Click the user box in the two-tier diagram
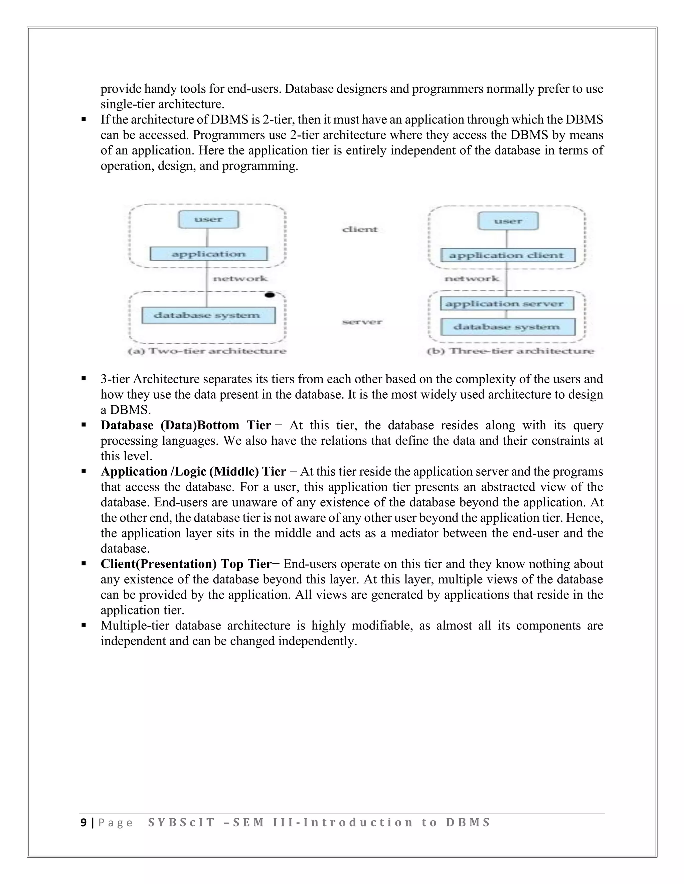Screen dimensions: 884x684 tap(209, 219)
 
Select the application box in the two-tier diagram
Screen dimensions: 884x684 tap(209, 254)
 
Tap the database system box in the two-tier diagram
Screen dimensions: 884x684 tap(208, 315)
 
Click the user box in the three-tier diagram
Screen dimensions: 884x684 tap(508, 221)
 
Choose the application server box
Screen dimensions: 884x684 tap(507, 304)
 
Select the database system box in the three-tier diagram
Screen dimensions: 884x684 tap(508, 327)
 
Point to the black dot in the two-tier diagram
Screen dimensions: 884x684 tap(270, 295)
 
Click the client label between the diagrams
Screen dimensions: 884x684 tap(360, 230)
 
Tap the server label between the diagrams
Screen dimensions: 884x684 tap(362, 322)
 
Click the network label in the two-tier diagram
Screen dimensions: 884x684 tap(240, 279)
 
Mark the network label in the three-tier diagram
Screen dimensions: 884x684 tap(472, 279)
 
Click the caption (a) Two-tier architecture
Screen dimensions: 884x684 tap(207, 351)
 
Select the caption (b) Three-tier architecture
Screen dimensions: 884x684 tap(511, 351)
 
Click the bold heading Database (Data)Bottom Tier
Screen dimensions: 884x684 tap(186, 425)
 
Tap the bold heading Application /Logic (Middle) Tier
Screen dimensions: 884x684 tap(193, 472)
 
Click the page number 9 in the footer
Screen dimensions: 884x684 tap(83, 823)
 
